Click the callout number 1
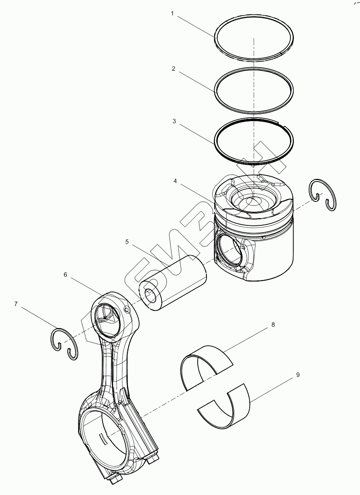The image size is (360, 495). pyautogui.click(x=172, y=13)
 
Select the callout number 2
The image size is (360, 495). pyautogui.click(x=173, y=69)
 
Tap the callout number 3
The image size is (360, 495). pyautogui.click(x=174, y=121)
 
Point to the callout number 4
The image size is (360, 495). pyautogui.click(x=175, y=181)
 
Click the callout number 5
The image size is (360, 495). pyautogui.click(x=127, y=242)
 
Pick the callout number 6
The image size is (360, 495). pyautogui.click(x=65, y=275)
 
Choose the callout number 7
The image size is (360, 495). pyautogui.click(x=16, y=304)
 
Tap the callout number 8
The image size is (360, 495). pyautogui.click(x=273, y=325)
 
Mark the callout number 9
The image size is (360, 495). pyautogui.click(x=298, y=374)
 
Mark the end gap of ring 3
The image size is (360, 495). pyautogui.click(x=281, y=125)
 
